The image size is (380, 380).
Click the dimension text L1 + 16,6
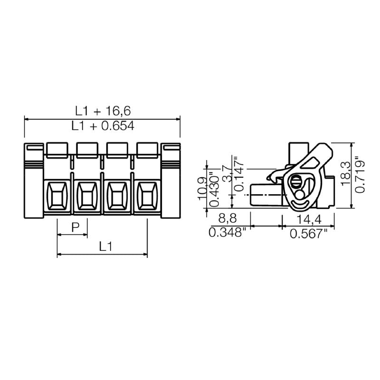point(103,111)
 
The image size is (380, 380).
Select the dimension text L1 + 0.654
point(103,126)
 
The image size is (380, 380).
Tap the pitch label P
point(75,228)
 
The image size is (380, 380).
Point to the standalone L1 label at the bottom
point(105,246)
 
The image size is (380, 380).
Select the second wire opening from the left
point(87,196)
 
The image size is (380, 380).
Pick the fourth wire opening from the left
point(147,196)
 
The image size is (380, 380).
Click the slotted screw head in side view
point(296,180)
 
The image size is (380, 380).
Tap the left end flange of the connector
point(33,180)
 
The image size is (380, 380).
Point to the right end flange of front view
point(171,180)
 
